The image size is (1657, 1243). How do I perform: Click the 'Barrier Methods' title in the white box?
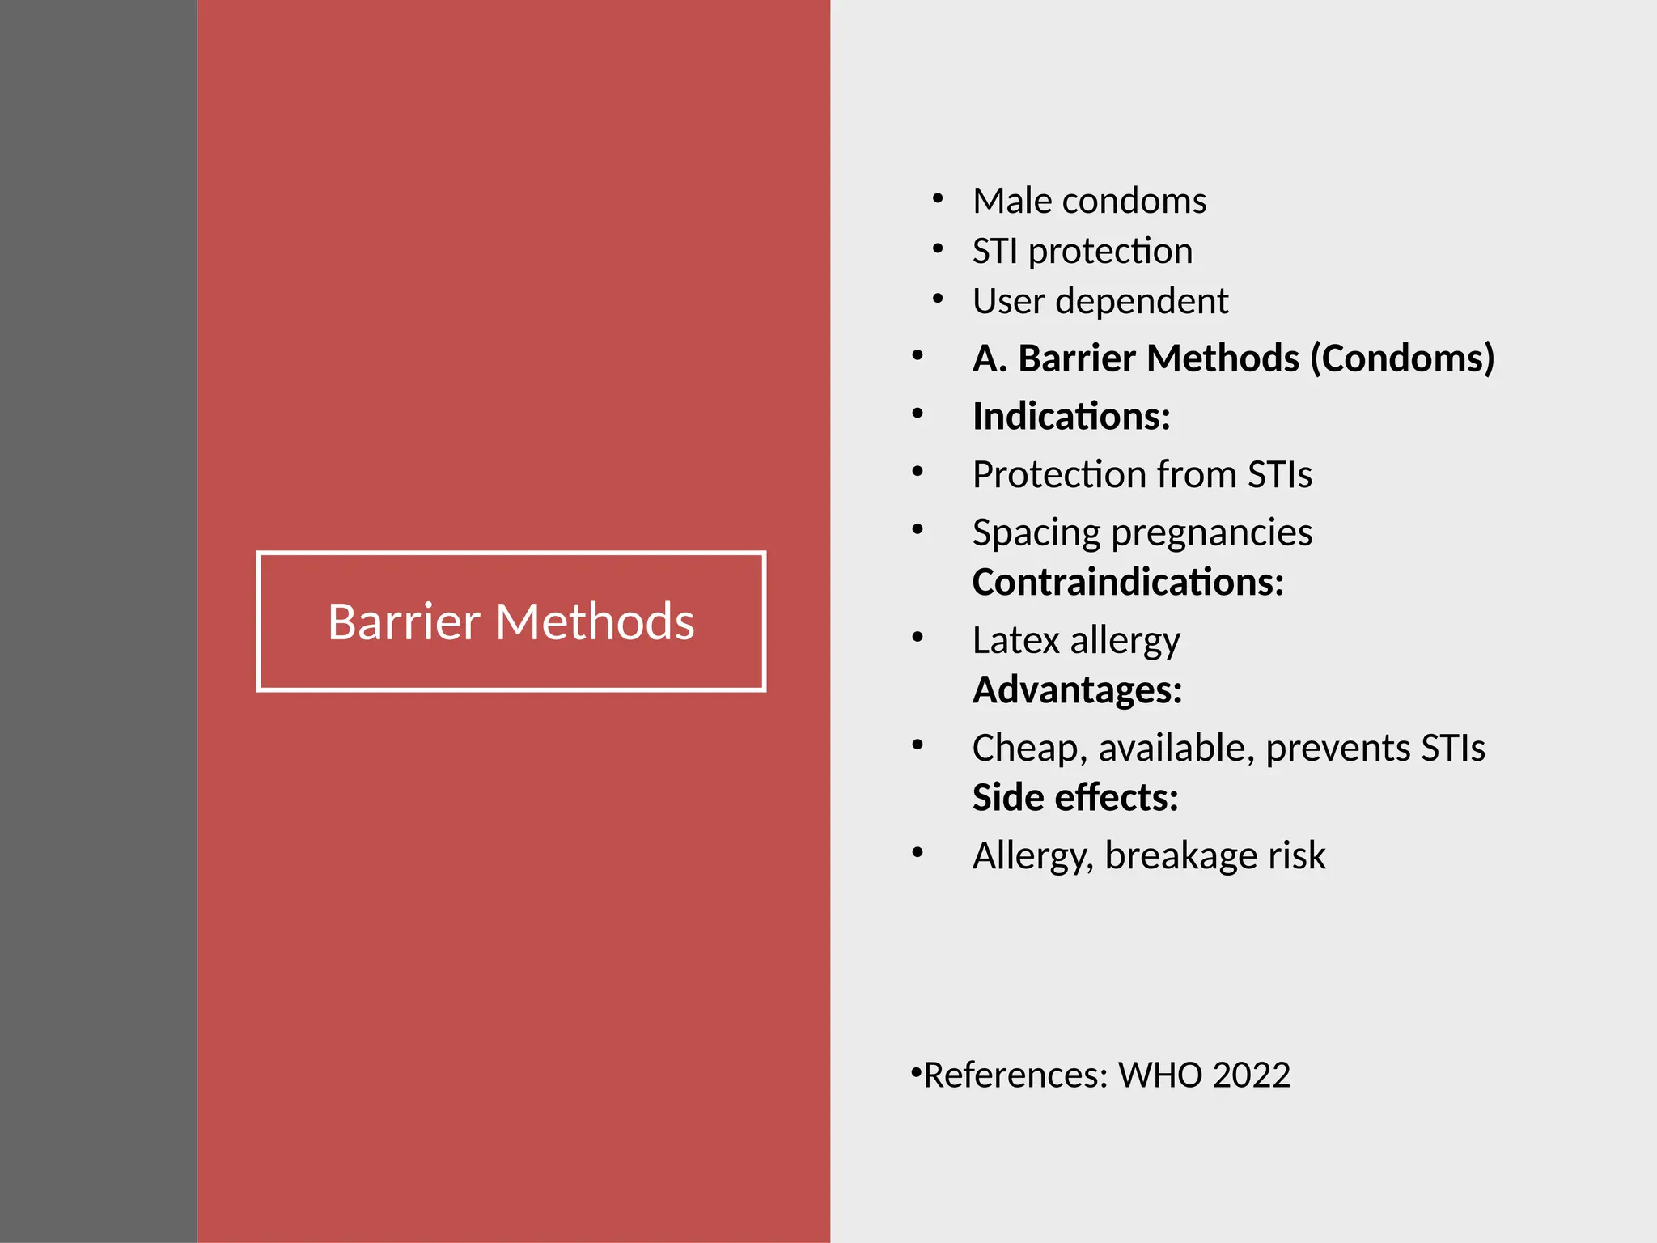point(511,621)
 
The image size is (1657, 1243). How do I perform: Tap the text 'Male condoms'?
point(1089,201)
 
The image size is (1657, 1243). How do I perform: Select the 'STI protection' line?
point(1082,251)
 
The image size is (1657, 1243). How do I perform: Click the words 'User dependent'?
point(1100,301)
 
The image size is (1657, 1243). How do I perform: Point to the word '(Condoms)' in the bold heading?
point(1401,358)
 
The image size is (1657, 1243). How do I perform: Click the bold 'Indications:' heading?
point(1071,417)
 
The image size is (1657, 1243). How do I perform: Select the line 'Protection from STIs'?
point(1142,474)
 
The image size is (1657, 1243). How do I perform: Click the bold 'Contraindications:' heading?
point(1128,583)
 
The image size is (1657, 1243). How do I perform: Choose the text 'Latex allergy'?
point(1076,641)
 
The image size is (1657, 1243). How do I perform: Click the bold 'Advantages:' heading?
point(1077,690)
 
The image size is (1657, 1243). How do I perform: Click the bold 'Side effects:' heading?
point(1074,798)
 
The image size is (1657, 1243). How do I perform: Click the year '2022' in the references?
point(1251,1075)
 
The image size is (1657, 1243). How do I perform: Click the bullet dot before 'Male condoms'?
point(938,198)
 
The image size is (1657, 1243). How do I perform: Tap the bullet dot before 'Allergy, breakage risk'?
point(917,852)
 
